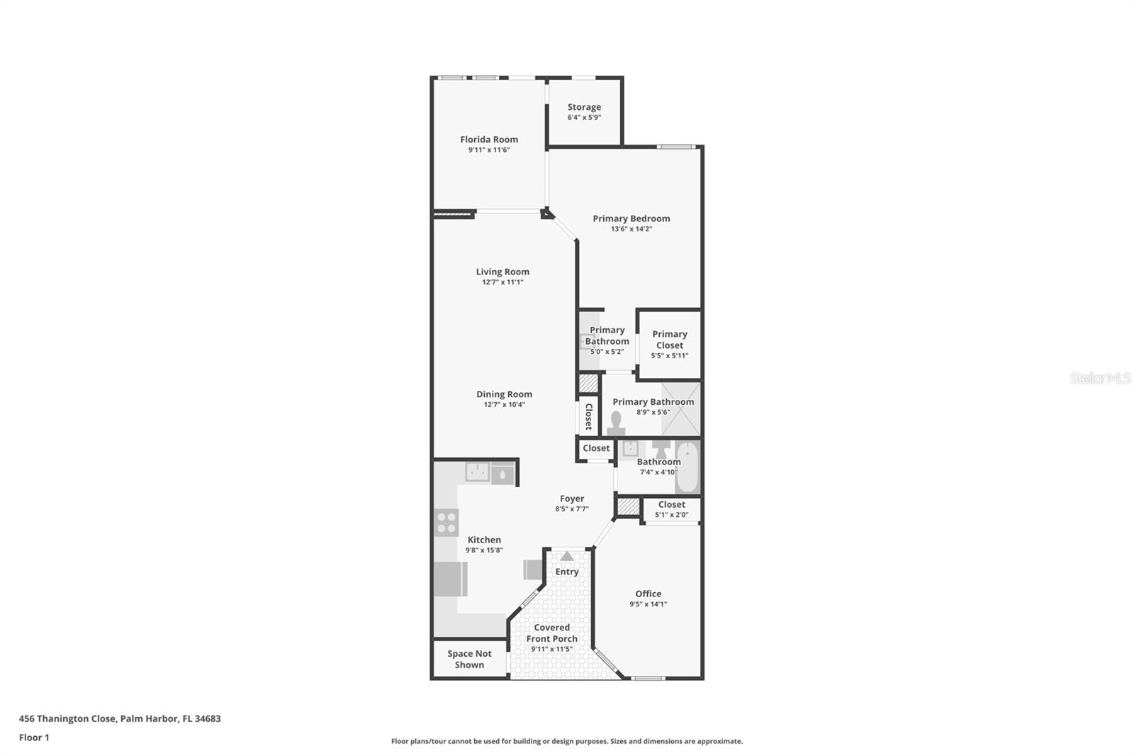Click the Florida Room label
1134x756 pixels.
click(x=489, y=140)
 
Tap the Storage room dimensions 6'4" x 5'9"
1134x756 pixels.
click(x=584, y=118)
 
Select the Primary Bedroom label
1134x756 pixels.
click(x=631, y=218)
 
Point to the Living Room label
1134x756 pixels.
click(x=503, y=272)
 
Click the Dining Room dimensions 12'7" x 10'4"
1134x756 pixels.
click(x=504, y=405)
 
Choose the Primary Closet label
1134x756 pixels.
click(x=670, y=340)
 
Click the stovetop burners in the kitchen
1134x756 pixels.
click(x=447, y=523)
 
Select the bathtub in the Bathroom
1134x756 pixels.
click(x=687, y=467)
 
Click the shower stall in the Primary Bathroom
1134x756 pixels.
click(x=680, y=408)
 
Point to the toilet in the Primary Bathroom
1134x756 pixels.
click(x=616, y=423)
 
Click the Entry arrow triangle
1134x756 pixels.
click(x=567, y=557)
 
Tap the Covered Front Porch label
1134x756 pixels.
click(x=551, y=633)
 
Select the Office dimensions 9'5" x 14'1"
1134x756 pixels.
click(x=648, y=605)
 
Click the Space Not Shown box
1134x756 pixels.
click(x=469, y=660)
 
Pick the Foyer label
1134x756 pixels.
click(x=572, y=499)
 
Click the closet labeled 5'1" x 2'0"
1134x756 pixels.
click(x=671, y=510)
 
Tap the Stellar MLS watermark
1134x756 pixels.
click(x=1101, y=378)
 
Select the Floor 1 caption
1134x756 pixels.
click(x=34, y=738)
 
